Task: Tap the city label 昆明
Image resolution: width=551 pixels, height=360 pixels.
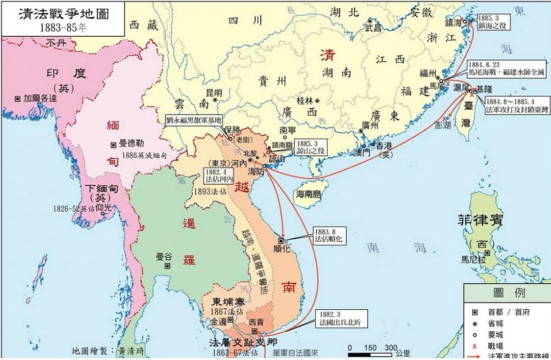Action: click(214, 93)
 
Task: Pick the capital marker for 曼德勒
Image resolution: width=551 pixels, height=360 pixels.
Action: click(113, 145)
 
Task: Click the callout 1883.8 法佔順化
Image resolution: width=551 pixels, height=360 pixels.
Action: click(328, 235)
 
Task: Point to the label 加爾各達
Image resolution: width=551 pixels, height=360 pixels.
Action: click(41, 98)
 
